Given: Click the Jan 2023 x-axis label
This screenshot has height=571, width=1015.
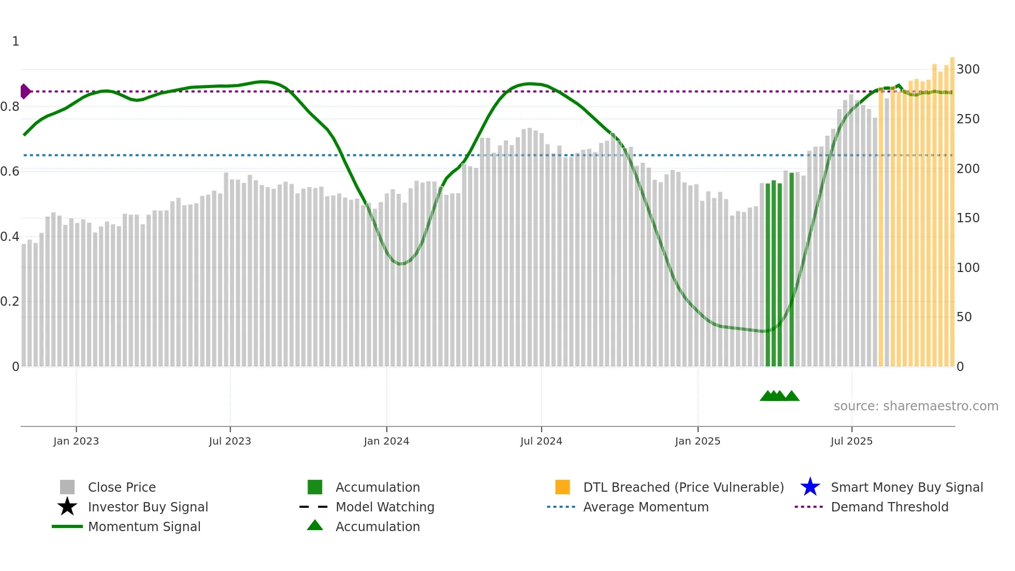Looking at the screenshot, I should [76, 441].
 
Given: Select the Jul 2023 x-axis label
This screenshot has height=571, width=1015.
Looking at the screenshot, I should [230, 441].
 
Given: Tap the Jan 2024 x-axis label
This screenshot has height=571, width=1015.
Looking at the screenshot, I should [386, 441].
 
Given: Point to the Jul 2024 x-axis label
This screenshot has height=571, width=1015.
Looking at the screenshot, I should [541, 441].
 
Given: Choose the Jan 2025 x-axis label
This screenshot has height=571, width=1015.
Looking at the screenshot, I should [698, 441].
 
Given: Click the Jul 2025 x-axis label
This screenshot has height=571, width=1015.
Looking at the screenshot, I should [851, 441].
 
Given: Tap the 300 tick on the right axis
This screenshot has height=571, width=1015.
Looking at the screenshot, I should [968, 69].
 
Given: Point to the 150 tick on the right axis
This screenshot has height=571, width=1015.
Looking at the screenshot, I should [968, 218].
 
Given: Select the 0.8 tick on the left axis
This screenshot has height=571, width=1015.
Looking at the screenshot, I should [10, 107].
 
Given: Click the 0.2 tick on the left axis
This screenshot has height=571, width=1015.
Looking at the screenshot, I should [10, 302].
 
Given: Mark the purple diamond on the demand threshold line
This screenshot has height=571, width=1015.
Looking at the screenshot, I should [25, 91].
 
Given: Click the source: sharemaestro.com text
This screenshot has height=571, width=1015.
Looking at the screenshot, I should [916, 406].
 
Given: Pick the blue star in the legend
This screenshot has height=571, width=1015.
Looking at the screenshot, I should [810, 487].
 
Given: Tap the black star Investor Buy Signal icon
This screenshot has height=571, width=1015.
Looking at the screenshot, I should [67, 507].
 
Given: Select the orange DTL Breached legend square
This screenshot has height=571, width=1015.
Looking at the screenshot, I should [562, 487].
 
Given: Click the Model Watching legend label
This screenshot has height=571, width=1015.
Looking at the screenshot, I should [385, 507].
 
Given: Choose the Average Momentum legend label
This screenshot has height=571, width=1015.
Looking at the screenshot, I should [646, 507].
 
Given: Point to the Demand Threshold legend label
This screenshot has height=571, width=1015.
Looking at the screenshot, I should [889, 507].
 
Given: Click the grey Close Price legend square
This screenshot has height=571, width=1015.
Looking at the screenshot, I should [67, 487].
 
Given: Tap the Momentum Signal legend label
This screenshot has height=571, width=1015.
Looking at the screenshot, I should [144, 526].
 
